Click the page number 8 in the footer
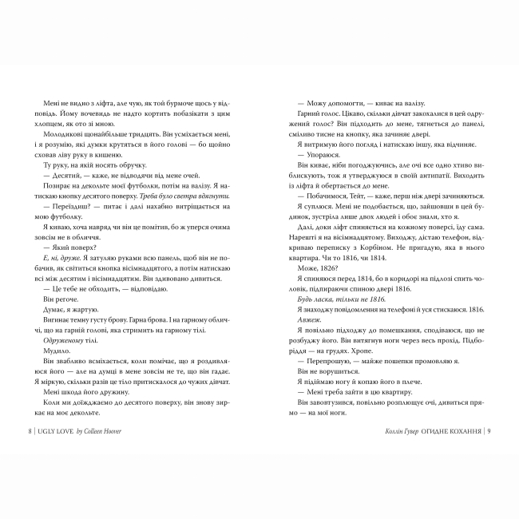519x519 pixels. tap(30, 432)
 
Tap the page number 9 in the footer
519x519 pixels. tap(488, 432)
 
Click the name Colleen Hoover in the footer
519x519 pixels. tap(109, 432)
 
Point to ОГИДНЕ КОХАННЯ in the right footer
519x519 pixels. tap(450, 432)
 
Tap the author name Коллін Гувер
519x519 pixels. tap(398, 432)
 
